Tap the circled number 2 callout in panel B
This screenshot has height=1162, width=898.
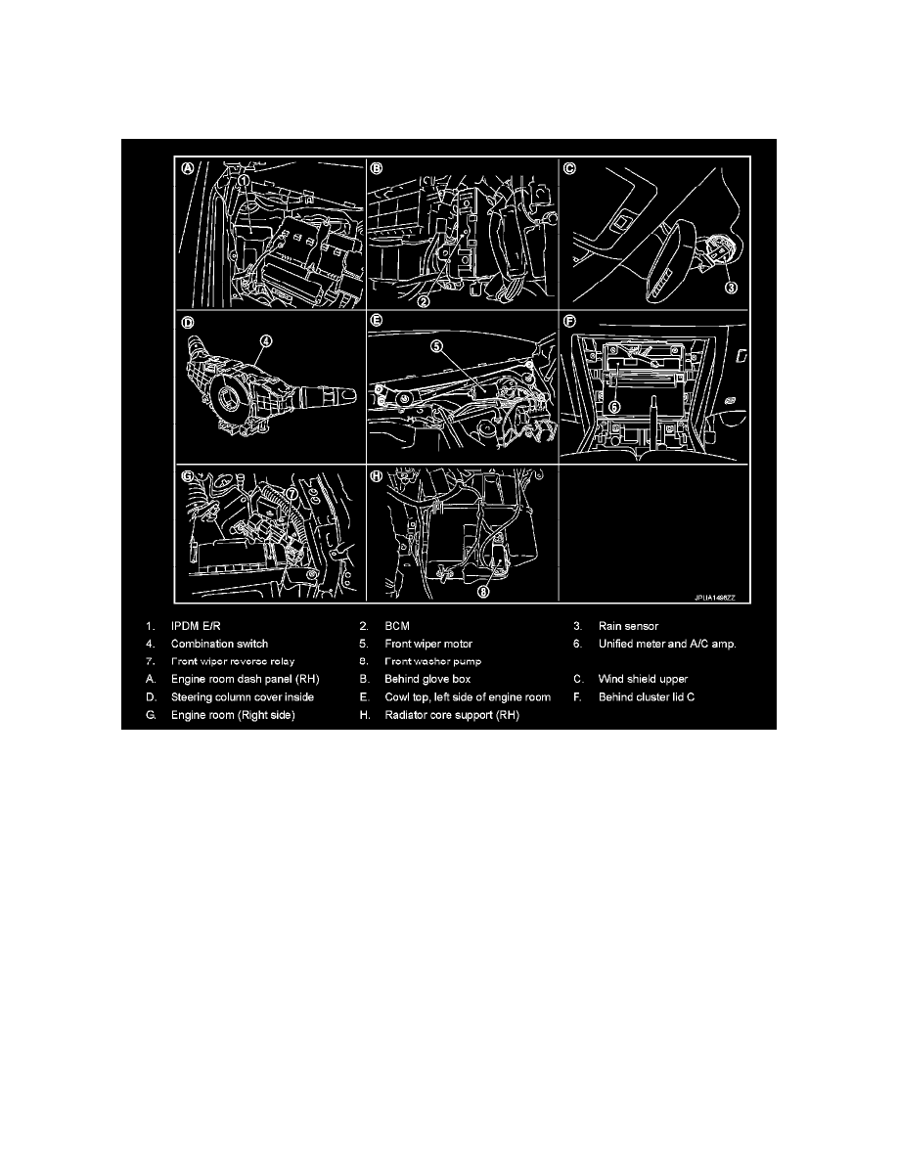(424, 302)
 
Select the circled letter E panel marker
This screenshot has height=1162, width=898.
(377, 319)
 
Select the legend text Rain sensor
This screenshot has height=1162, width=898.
(628, 626)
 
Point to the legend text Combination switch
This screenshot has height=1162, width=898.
(219, 644)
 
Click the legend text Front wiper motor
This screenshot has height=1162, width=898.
(428, 644)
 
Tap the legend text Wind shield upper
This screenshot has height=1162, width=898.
(643, 678)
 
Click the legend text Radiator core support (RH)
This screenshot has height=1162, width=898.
(451, 715)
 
